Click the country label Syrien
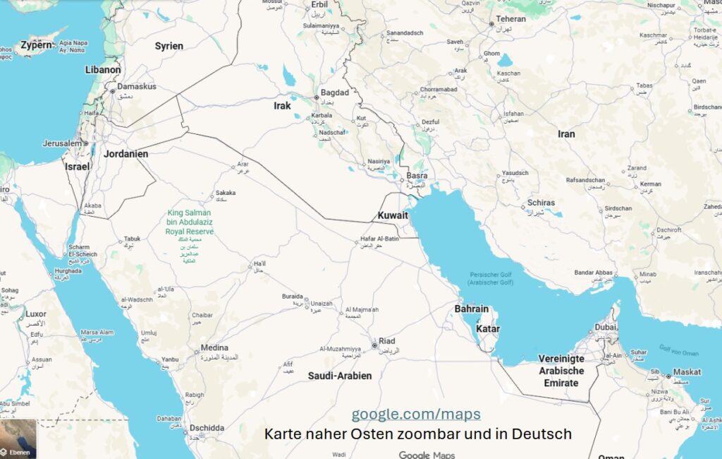click(x=169, y=46)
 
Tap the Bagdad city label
click(x=334, y=93)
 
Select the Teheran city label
click(x=510, y=19)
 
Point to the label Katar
click(x=489, y=329)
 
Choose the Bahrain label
click(x=471, y=309)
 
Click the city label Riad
click(x=387, y=340)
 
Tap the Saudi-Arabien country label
click(x=339, y=376)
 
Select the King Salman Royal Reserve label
click(x=190, y=222)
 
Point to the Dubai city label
click(x=606, y=327)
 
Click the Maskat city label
click(x=687, y=371)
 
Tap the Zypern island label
click(x=37, y=45)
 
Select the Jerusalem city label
click(x=62, y=143)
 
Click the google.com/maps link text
click(x=416, y=414)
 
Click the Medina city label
click(x=214, y=347)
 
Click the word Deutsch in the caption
click(x=545, y=434)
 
